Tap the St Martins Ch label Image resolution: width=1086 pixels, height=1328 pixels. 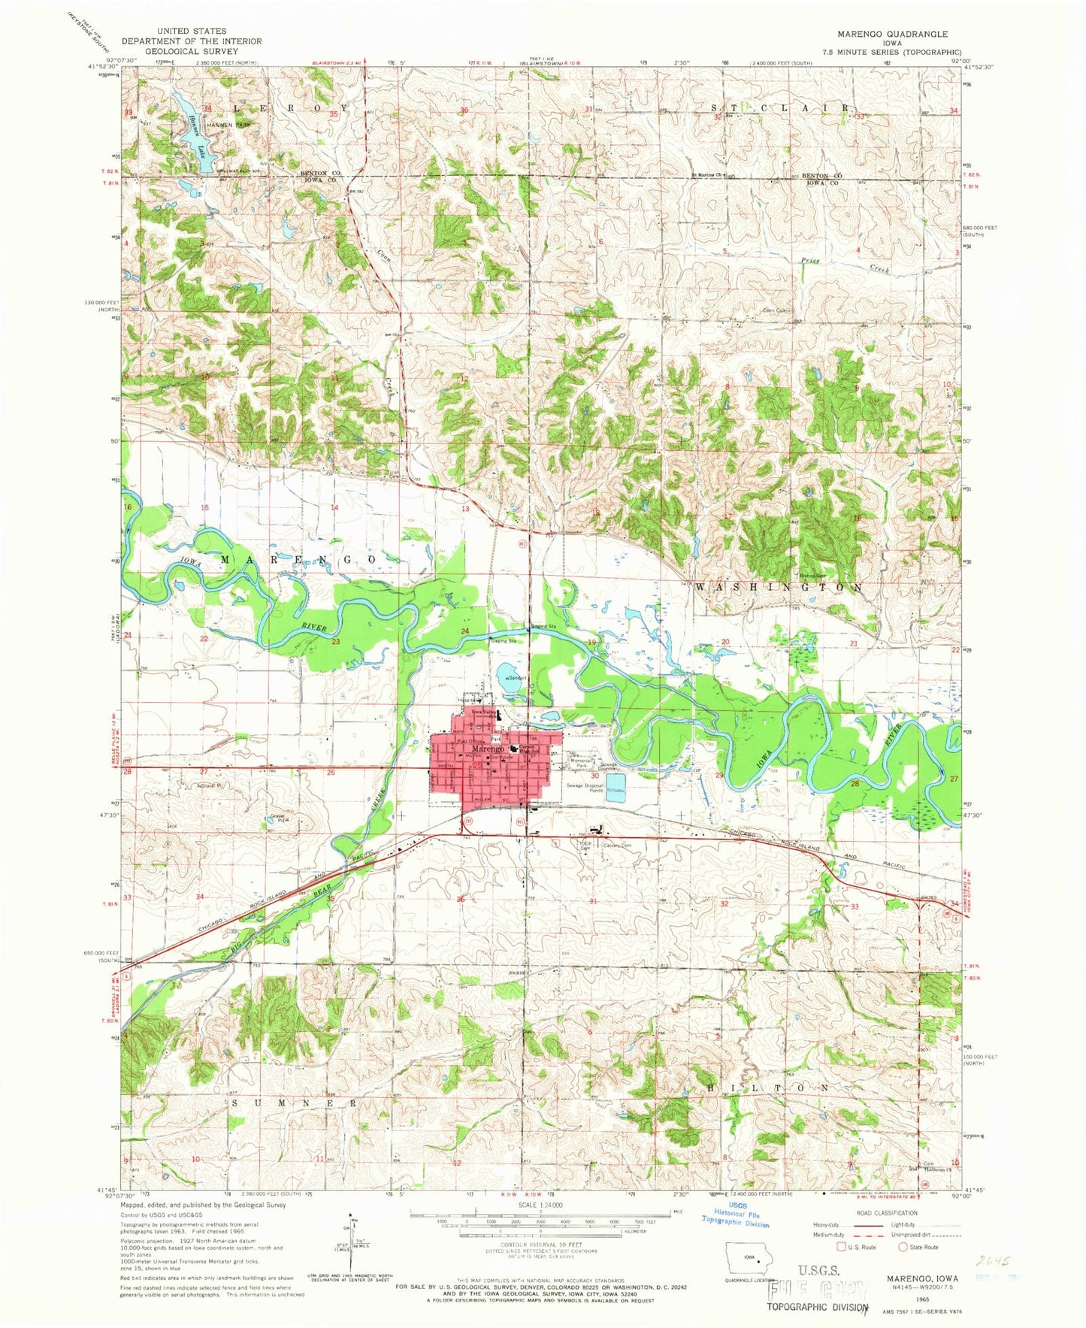tap(706, 177)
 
